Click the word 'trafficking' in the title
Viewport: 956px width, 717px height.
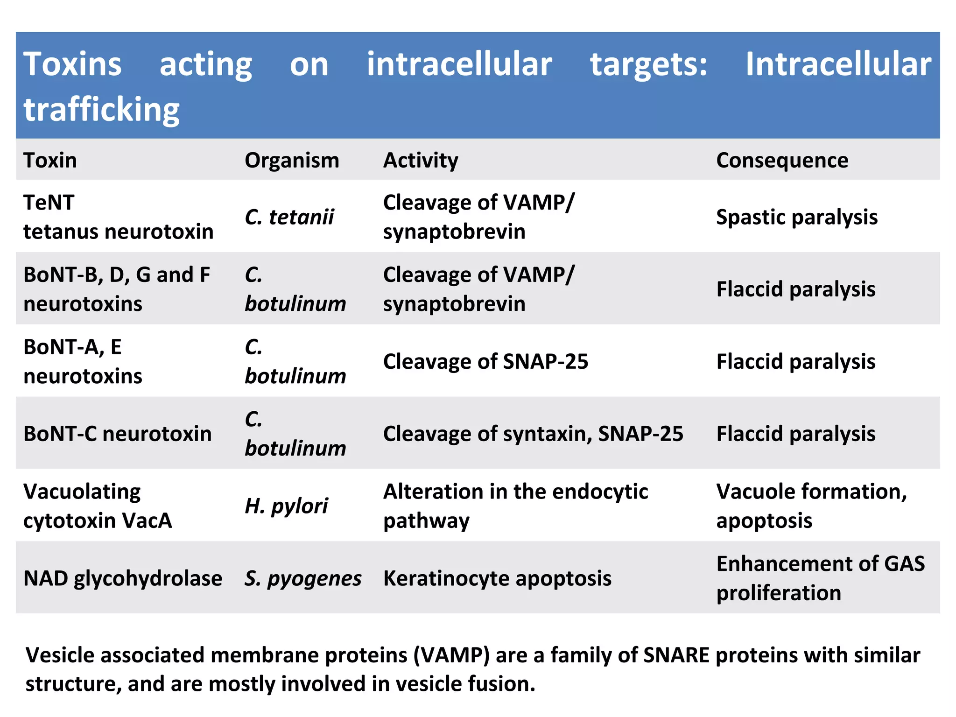101,110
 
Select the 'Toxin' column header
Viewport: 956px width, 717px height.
50,160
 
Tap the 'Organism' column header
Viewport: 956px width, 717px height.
292,160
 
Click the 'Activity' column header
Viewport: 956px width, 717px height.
421,160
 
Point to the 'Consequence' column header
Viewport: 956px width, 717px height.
782,160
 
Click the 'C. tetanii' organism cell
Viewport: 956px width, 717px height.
289,217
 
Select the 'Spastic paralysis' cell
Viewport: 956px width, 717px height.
796,217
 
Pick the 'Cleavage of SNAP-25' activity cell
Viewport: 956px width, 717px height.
485,361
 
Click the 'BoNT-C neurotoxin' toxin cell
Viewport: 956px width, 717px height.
117,434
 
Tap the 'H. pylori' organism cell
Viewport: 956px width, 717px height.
286,506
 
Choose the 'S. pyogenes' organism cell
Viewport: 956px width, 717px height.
303,578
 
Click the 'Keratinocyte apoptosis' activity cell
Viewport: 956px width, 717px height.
497,578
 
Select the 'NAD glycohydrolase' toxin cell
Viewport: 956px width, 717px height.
123,578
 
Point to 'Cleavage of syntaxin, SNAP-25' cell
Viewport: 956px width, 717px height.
533,434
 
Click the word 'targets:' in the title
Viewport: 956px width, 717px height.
648,64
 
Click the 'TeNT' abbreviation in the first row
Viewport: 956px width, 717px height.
49,203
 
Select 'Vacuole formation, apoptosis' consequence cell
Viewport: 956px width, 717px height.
811,506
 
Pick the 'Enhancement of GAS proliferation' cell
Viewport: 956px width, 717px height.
820,578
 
